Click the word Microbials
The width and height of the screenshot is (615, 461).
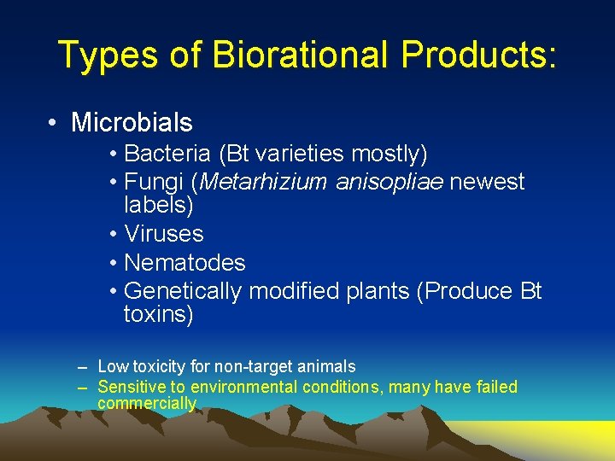[x=132, y=123]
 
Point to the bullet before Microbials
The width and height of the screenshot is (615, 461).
[x=54, y=123]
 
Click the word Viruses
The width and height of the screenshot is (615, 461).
[x=164, y=233]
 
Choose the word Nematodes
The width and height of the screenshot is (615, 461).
[x=184, y=262]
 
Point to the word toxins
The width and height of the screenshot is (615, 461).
[x=159, y=314]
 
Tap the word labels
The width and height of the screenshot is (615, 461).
[x=159, y=205]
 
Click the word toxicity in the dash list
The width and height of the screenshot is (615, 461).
[x=156, y=367]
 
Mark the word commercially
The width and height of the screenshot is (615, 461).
[x=147, y=404]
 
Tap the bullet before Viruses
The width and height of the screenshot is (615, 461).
[x=114, y=233]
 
